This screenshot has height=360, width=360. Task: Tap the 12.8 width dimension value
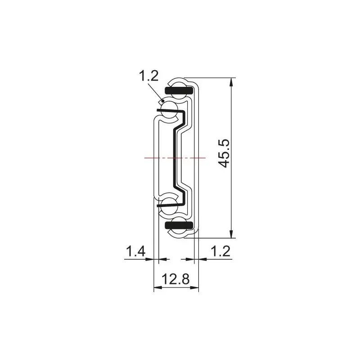[x=175, y=279]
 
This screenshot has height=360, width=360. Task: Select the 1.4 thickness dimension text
[x=135, y=251]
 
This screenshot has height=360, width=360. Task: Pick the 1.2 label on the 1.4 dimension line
[x=220, y=251]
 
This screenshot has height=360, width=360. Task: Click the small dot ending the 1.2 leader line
[x=163, y=101]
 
